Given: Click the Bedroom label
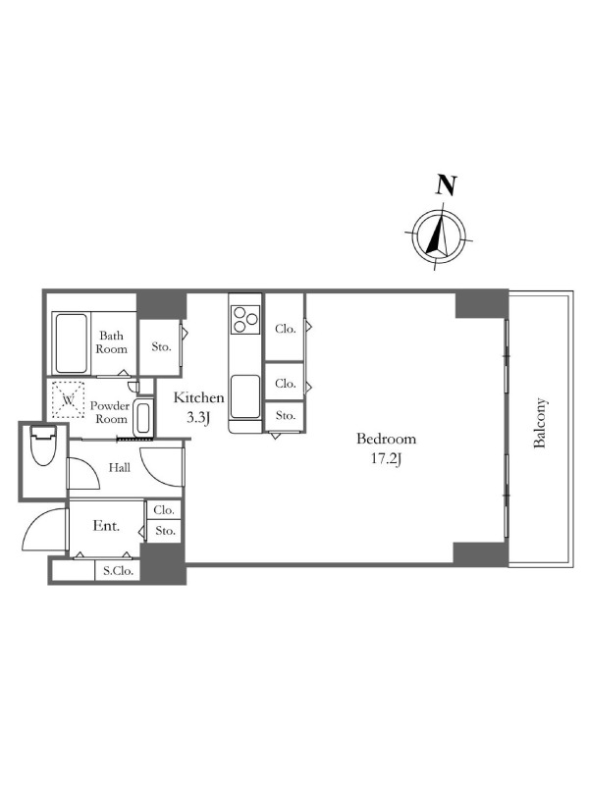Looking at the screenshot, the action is (x=386, y=439).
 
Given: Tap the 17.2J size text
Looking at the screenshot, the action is (x=386, y=458).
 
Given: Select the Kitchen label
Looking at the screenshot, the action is (x=198, y=398).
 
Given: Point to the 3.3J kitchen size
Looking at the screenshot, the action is (x=198, y=418).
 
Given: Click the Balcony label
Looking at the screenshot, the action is (x=539, y=423).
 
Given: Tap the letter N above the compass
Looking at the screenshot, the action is (x=446, y=184).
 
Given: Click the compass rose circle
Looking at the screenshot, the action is (x=439, y=235).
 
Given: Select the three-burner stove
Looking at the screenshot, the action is (x=244, y=320).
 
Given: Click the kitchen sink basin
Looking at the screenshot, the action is (x=245, y=396).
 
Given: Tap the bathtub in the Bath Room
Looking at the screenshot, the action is (x=71, y=343).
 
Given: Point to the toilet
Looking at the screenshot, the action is (x=42, y=445).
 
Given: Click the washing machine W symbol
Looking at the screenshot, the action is (x=68, y=399).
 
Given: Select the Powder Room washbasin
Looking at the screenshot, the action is (x=143, y=418).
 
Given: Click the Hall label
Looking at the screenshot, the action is (x=120, y=468).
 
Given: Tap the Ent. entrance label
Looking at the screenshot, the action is (x=106, y=526).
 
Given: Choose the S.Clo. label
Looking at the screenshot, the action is (x=118, y=570).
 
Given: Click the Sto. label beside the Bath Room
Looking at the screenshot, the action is (x=161, y=346).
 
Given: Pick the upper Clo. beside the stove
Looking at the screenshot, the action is (x=285, y=329).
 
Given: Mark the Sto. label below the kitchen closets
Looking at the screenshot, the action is (x=285, y=415).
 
